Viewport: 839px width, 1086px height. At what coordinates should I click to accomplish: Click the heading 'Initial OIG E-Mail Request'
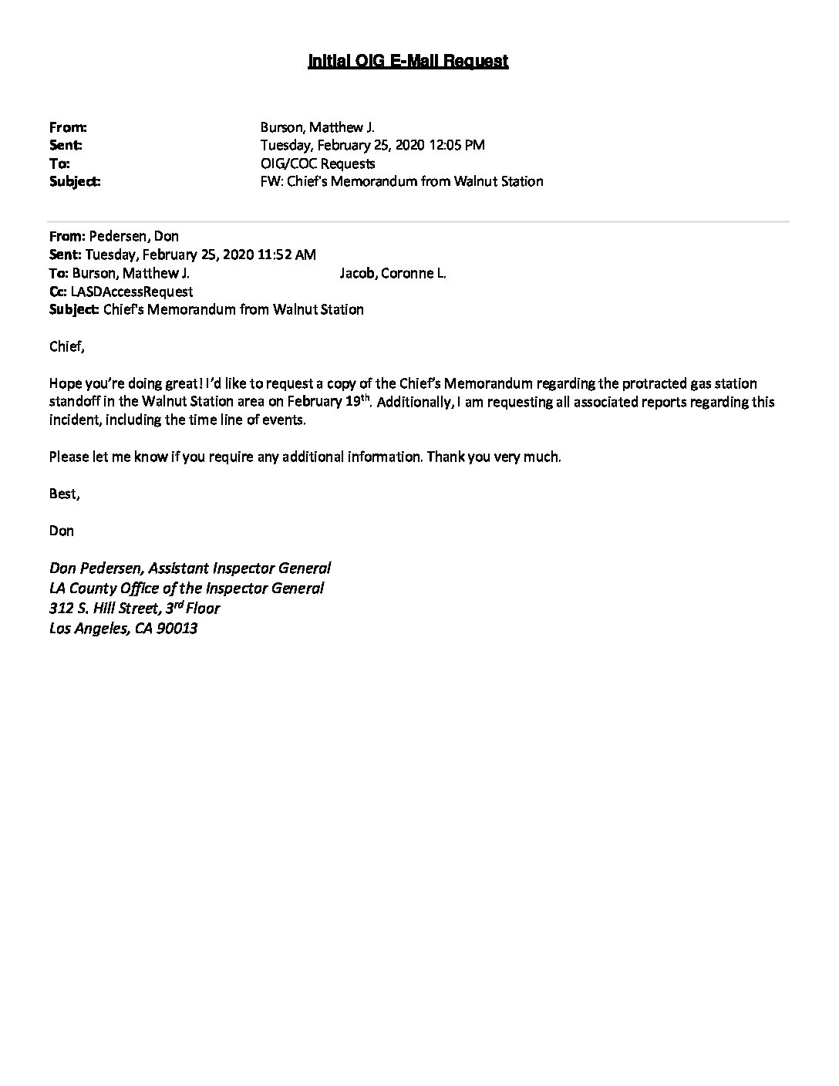click(x=408, y=61)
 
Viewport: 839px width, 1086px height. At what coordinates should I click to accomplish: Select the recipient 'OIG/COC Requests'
click(x=318, y=164)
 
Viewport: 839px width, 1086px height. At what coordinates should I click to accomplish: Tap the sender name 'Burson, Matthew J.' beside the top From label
click(x=317, y=127)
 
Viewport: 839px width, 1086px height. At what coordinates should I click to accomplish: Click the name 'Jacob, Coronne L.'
click(x=393, y=273)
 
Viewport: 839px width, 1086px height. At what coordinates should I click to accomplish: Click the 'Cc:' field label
click(x=58, y=292)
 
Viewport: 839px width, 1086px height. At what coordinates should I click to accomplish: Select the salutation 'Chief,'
click(x=66, y=346)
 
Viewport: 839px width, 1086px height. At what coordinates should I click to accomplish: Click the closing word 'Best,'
click(x=64, y=494)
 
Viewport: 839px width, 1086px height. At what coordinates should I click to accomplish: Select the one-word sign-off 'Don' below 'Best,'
click(x=61, y=531)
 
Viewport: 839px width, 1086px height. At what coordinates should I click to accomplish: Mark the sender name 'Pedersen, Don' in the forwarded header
click(x=134, y=236)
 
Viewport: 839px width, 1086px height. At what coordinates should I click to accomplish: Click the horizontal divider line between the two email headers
click(x=419, y=221)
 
